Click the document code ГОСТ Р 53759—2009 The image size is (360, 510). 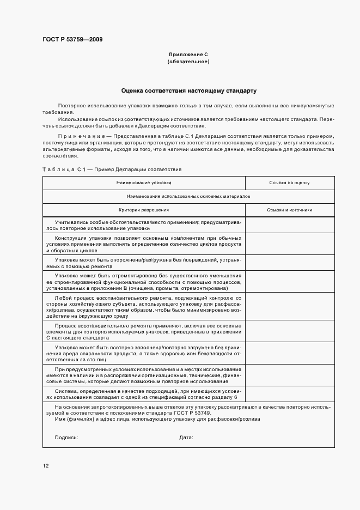click(72, 39)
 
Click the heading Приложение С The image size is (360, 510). click(188, 55)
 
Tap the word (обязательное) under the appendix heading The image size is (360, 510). click(188, 62)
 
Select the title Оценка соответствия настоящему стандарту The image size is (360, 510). click(188, 90)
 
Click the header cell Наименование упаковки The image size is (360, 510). click(144, 183)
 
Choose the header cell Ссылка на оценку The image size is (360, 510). click(289, 183)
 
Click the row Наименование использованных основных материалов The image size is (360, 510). click(188, 196)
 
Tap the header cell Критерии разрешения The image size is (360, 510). click(144, 210)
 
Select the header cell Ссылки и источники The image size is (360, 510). click(289, 210)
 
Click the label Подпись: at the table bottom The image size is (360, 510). click(66, 438)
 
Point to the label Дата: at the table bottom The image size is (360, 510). click(186, 438)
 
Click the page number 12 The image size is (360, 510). click(46, 466)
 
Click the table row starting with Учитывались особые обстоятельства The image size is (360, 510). click(144, 225)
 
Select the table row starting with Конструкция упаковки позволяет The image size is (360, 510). click(144, 244)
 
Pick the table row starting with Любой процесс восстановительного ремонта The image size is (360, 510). click(144, 307)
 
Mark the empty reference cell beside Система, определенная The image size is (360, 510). click(289, 394)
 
